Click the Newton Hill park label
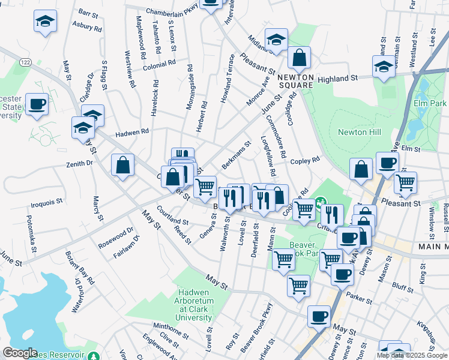tap(360, 132)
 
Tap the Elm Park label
tap(430, 103)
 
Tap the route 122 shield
tap(25, 62)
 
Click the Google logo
tap(20, 353)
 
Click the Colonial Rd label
tap(159, 63)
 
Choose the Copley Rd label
tap(305, 161)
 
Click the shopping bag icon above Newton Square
tap(298, 58)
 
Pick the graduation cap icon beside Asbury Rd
tap(45, 22)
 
